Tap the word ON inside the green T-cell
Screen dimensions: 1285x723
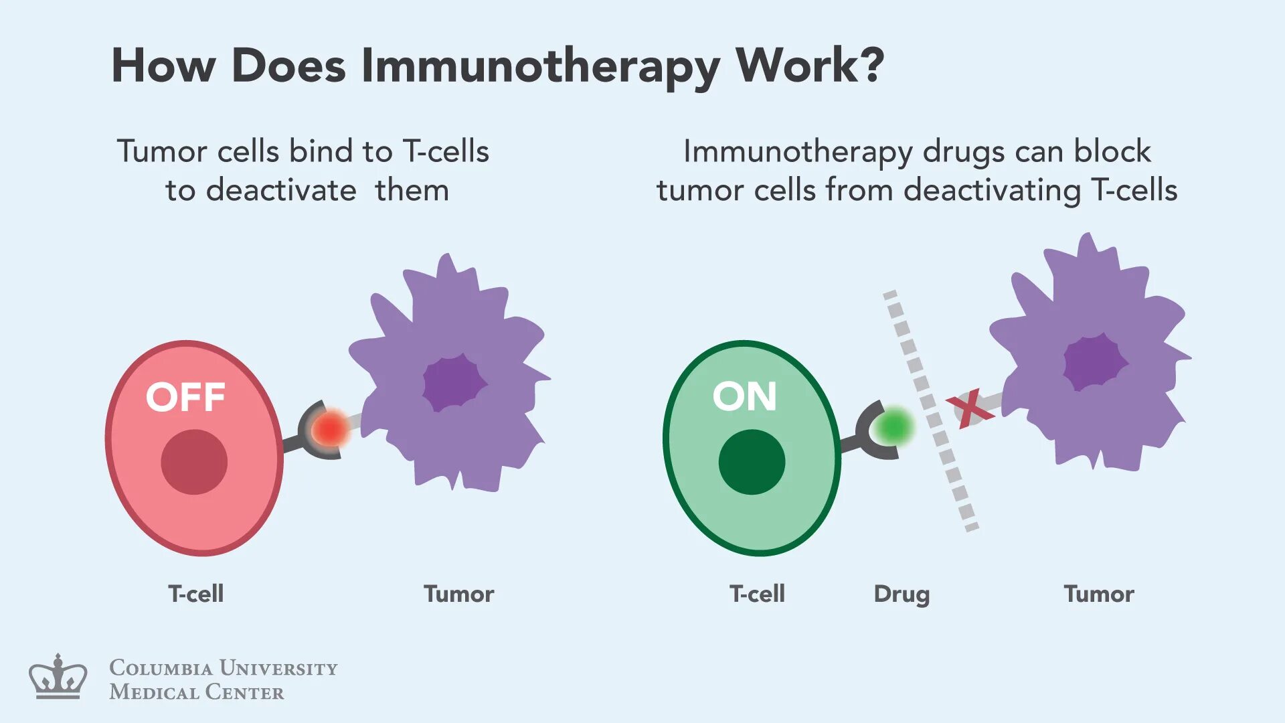click(744, 396)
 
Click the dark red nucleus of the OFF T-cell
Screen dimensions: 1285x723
click(194, 462)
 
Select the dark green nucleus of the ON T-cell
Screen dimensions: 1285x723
click(752, 462)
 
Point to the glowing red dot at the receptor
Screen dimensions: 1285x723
click(330, 429)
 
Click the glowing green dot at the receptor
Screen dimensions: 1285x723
click(893, 426)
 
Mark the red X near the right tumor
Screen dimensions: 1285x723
click(970, 408)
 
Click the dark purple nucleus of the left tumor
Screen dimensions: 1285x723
click(454, 384)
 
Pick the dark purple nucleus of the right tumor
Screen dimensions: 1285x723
click(1094, 362)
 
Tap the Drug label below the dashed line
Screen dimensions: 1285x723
click(902, 594)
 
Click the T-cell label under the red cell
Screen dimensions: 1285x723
click(195, 594)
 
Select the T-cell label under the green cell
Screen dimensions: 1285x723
click(757, 594)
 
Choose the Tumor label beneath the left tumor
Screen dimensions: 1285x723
click(458, 594)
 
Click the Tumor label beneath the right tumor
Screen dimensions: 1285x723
click(1099, 594)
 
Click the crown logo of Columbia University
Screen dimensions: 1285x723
click(58, 677)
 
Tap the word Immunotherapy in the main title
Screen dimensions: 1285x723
click(540, 67)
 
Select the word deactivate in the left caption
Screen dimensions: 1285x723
click(281, 190)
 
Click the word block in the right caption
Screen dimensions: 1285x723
click(1112, 151)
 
